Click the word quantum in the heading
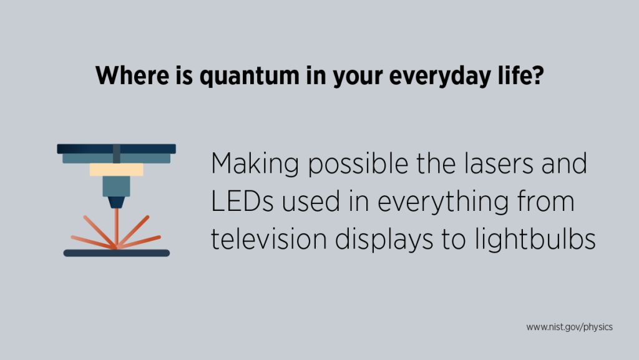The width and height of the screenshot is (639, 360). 228,77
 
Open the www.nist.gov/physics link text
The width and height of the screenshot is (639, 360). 569,327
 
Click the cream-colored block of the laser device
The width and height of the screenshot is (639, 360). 116,170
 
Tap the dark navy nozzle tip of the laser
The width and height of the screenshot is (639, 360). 116,202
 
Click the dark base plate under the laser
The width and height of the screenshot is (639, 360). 116,253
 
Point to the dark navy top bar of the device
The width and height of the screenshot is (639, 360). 116,148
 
